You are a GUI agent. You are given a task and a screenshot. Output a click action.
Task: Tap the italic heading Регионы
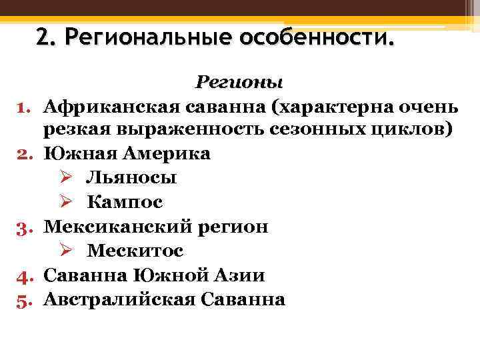[239, 83]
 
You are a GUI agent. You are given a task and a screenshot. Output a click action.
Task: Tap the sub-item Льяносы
[131, 178]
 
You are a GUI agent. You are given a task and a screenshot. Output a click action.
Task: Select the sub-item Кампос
[125, 202]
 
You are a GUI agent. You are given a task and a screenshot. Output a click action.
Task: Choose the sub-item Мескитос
[135, 251]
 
